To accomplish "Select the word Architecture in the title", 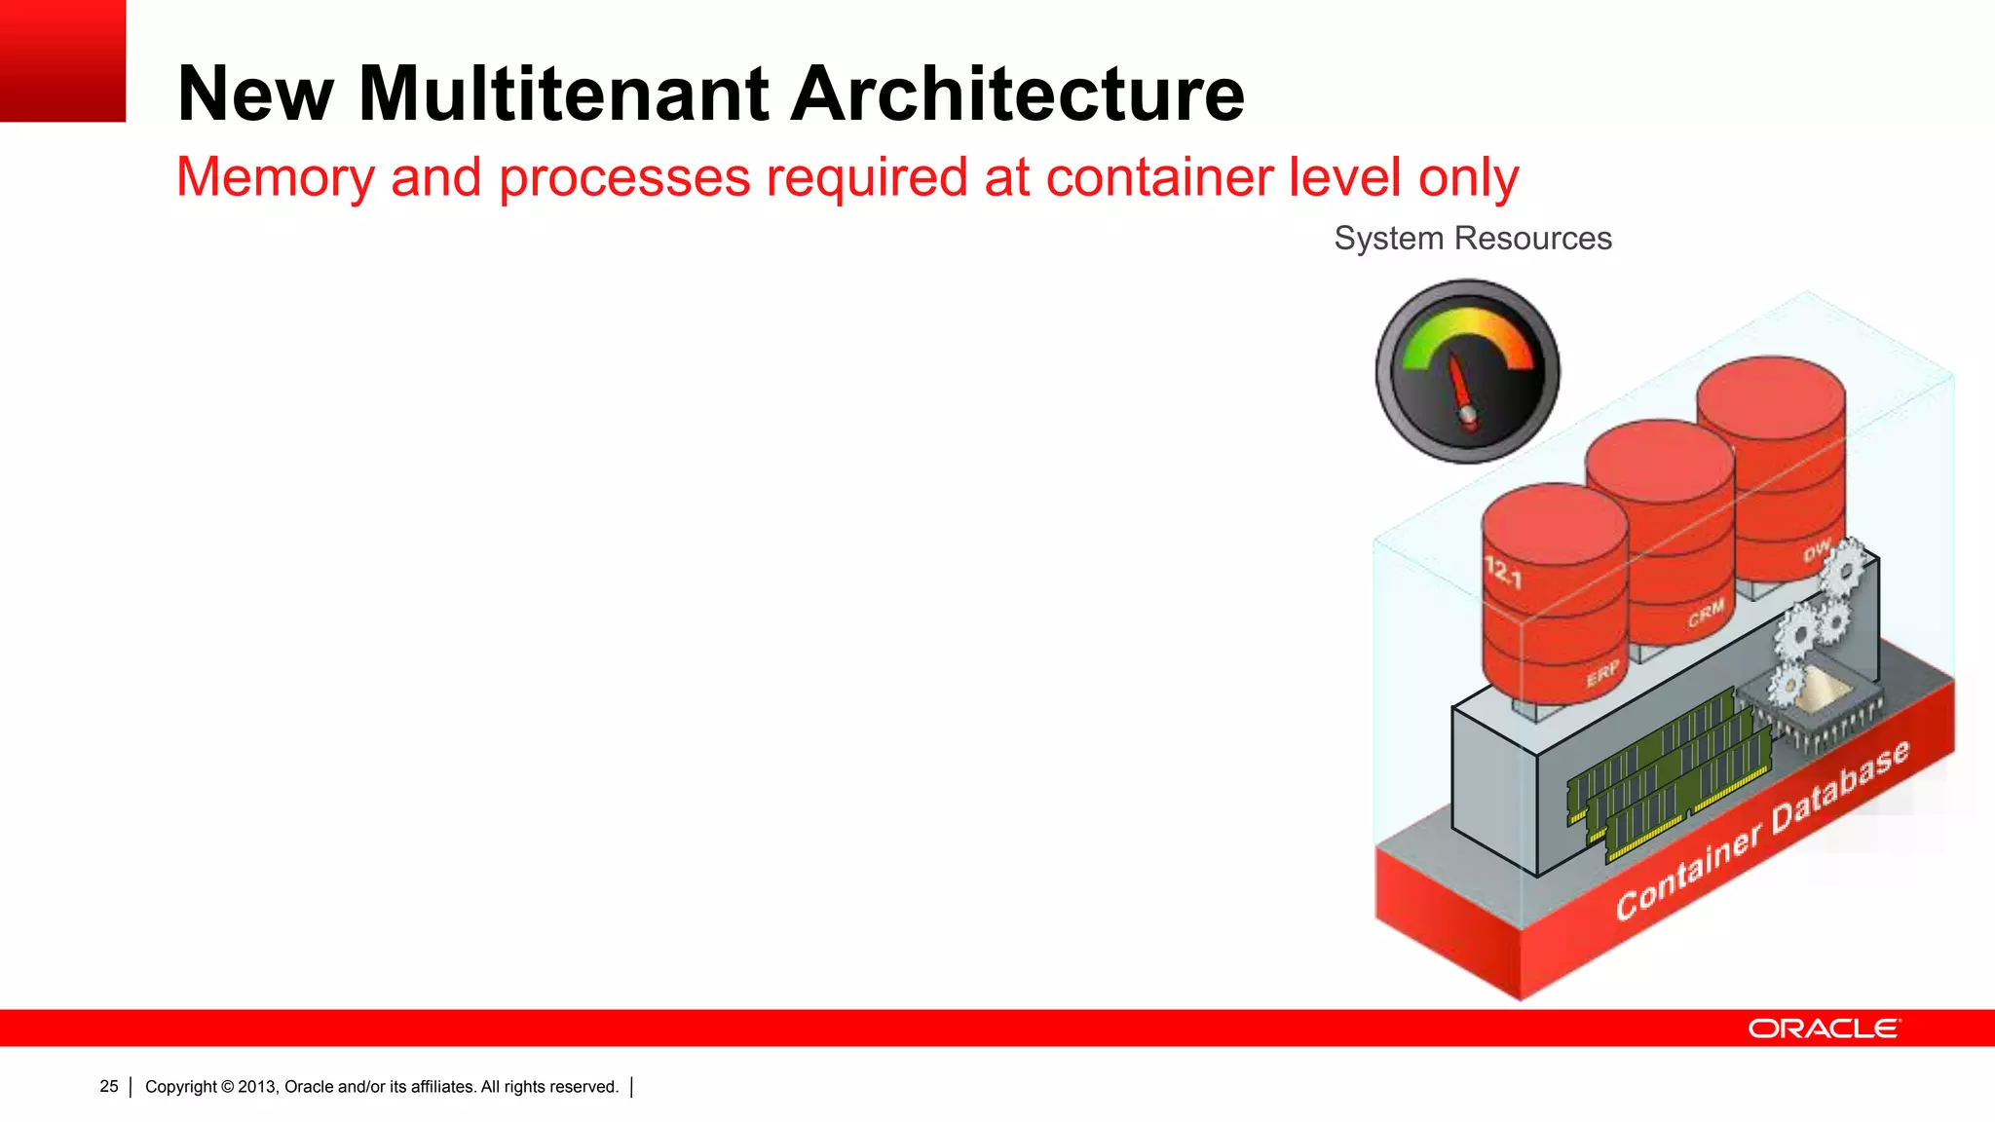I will click(1017, 94).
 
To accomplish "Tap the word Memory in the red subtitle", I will click(275, 177).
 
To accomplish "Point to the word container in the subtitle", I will click(1158, 177).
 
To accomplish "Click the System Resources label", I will click(1472, 239).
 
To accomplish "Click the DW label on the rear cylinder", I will click(1816, 551).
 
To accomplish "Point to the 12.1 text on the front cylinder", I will click(1502, 572).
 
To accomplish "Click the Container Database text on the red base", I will click(1761, 831).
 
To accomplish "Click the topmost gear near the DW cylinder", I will click(1843, 566).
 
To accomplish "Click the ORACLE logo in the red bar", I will click(1824, 1028).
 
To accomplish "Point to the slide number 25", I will click(109, 1086).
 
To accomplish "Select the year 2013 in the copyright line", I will click(256, 1087).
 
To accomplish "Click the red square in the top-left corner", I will click(62, 60).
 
